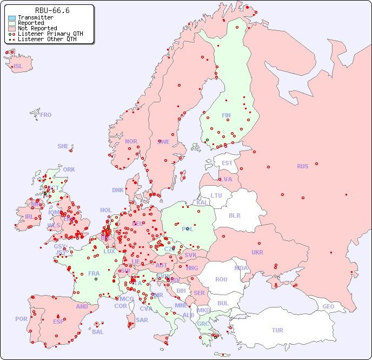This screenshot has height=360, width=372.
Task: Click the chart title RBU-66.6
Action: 52,10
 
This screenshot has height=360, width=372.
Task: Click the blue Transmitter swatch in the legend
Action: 12,18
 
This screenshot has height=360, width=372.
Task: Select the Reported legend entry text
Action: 31,23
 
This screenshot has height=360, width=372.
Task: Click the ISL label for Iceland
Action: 18,67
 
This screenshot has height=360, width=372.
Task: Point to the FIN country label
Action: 226,115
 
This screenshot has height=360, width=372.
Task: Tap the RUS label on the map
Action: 302,166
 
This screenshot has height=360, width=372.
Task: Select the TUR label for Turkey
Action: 277,330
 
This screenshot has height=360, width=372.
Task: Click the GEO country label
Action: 328,306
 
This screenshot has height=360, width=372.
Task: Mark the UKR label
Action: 257,252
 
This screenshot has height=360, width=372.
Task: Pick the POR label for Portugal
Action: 21,319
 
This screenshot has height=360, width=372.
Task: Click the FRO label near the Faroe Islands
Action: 46,115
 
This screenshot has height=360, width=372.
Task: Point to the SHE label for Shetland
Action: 63,146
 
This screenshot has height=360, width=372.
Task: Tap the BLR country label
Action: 235,215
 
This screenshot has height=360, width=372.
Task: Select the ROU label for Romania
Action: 221,279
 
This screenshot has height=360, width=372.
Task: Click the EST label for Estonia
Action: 227,163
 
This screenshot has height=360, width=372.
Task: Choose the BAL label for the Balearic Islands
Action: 98,332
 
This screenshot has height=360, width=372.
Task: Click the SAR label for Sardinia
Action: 142,320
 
